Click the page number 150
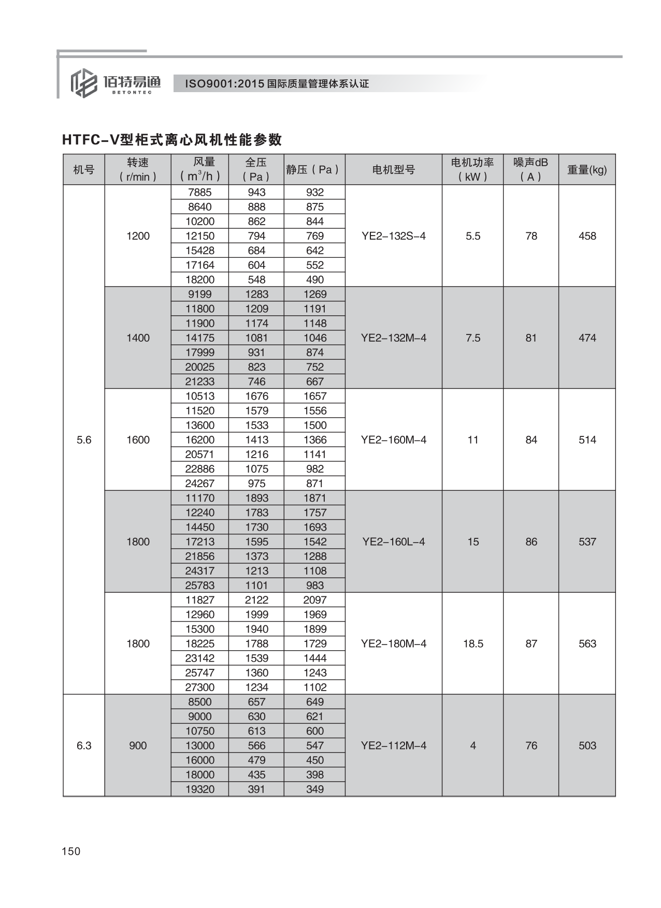click(x=71, y=851)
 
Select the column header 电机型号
click(x=393, y=169)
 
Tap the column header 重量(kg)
click(x=586, y=169)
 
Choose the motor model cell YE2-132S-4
click(x=393, y=236)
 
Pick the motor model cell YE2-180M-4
click(x=393, y=643)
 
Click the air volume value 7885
click(x=199, y=192)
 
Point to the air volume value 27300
click(x=199, y=687)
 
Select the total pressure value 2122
click(x=256, y=600)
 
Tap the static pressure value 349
click(x=314, y=789)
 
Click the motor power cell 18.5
click(x=472, y=643)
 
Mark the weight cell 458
click(x=587, y=236)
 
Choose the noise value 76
click(x=531, y=745)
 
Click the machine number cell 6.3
click(x=84, y=745)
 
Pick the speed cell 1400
click(x=138, y=338)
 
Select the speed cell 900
click(x=138, y=745)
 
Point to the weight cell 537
click(x=587, y=541)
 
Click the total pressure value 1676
click(x=256, y=396)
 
